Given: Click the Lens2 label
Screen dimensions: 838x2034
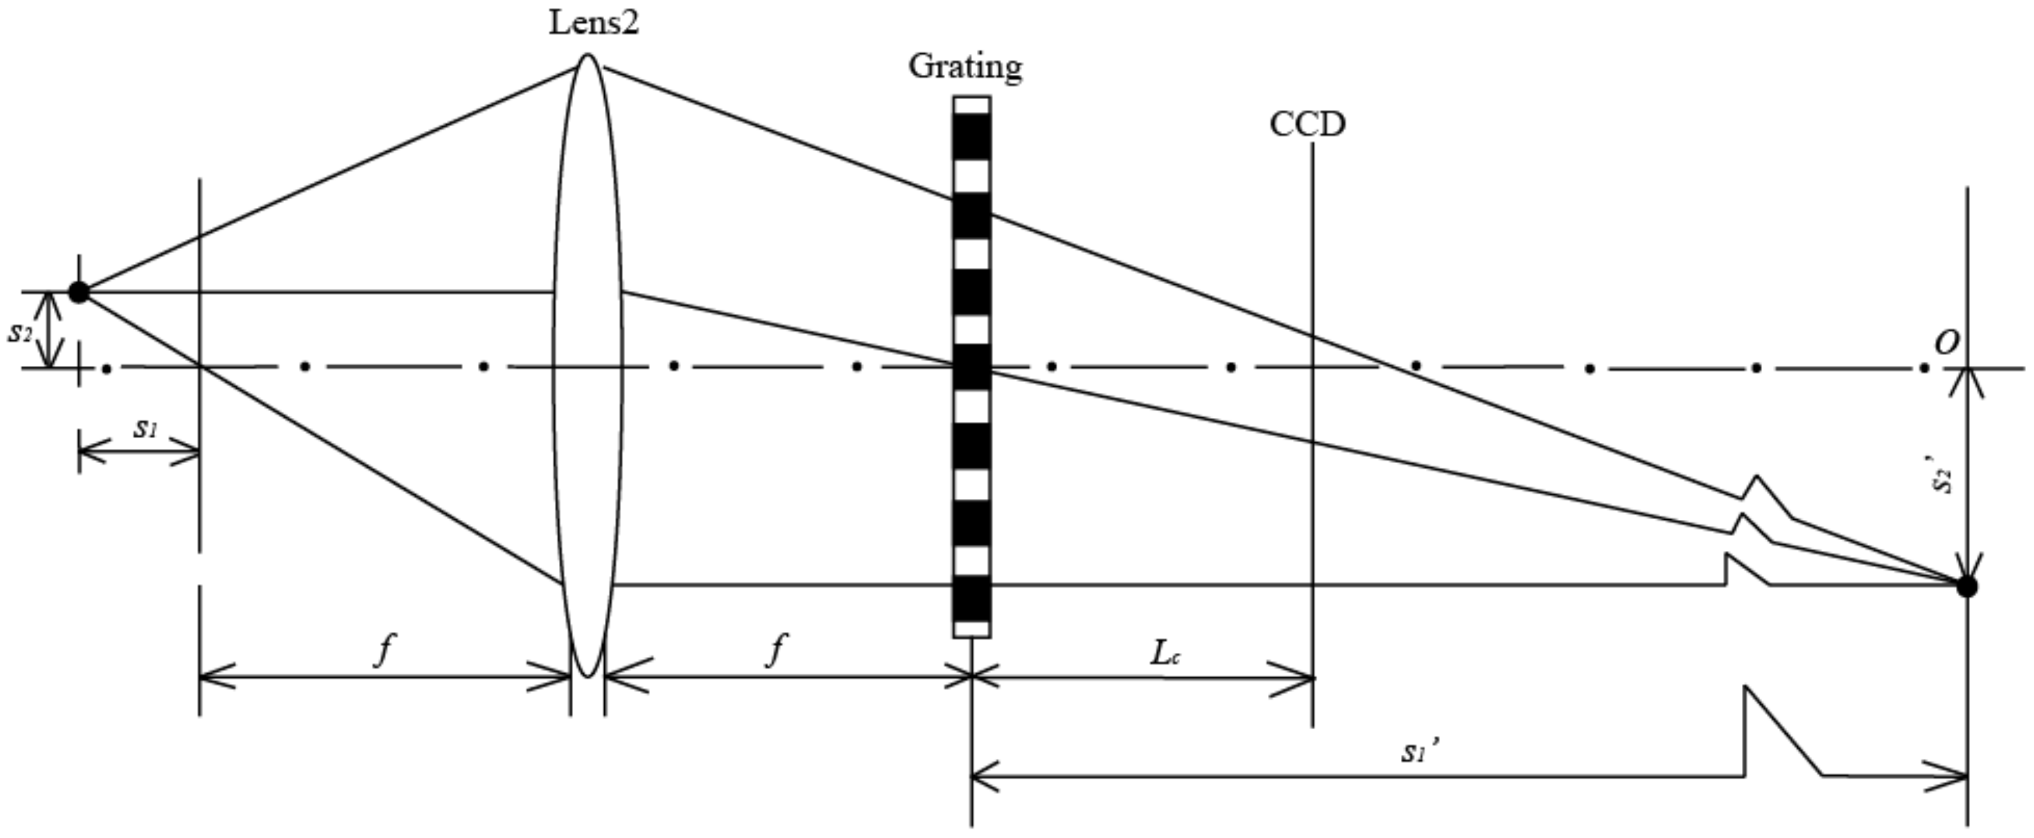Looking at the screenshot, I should (594, 22).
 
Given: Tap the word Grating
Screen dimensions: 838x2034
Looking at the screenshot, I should (965, 66).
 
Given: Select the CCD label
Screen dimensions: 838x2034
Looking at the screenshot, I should (1307, 125).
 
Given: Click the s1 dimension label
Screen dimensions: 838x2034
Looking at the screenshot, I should (146, 428).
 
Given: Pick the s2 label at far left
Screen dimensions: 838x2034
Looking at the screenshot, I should (20, 332).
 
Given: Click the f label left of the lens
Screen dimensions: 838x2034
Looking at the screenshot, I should (384, 651).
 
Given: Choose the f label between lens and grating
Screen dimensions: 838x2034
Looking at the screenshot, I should (777, 651).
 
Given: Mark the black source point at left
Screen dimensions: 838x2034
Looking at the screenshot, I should (79, 292).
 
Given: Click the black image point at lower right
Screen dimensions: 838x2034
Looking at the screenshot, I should (1966, 587).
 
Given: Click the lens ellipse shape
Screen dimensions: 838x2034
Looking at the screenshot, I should (587, 237).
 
